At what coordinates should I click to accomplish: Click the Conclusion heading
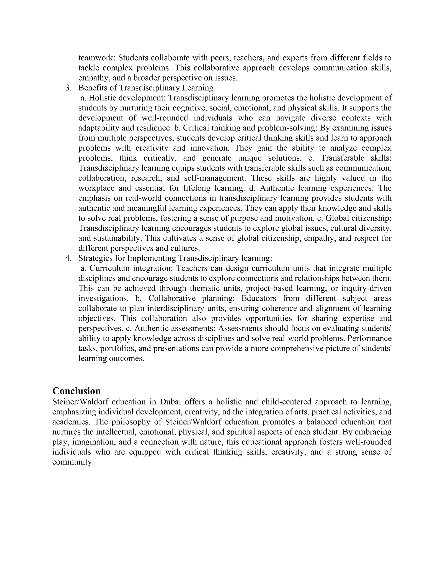[x=76, y=391]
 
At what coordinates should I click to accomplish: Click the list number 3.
[x=68, y=88]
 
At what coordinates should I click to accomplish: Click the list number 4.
[x=68, y=258]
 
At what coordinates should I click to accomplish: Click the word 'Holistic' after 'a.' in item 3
[x=101, y=98]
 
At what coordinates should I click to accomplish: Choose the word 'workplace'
[x=96, y=188]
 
